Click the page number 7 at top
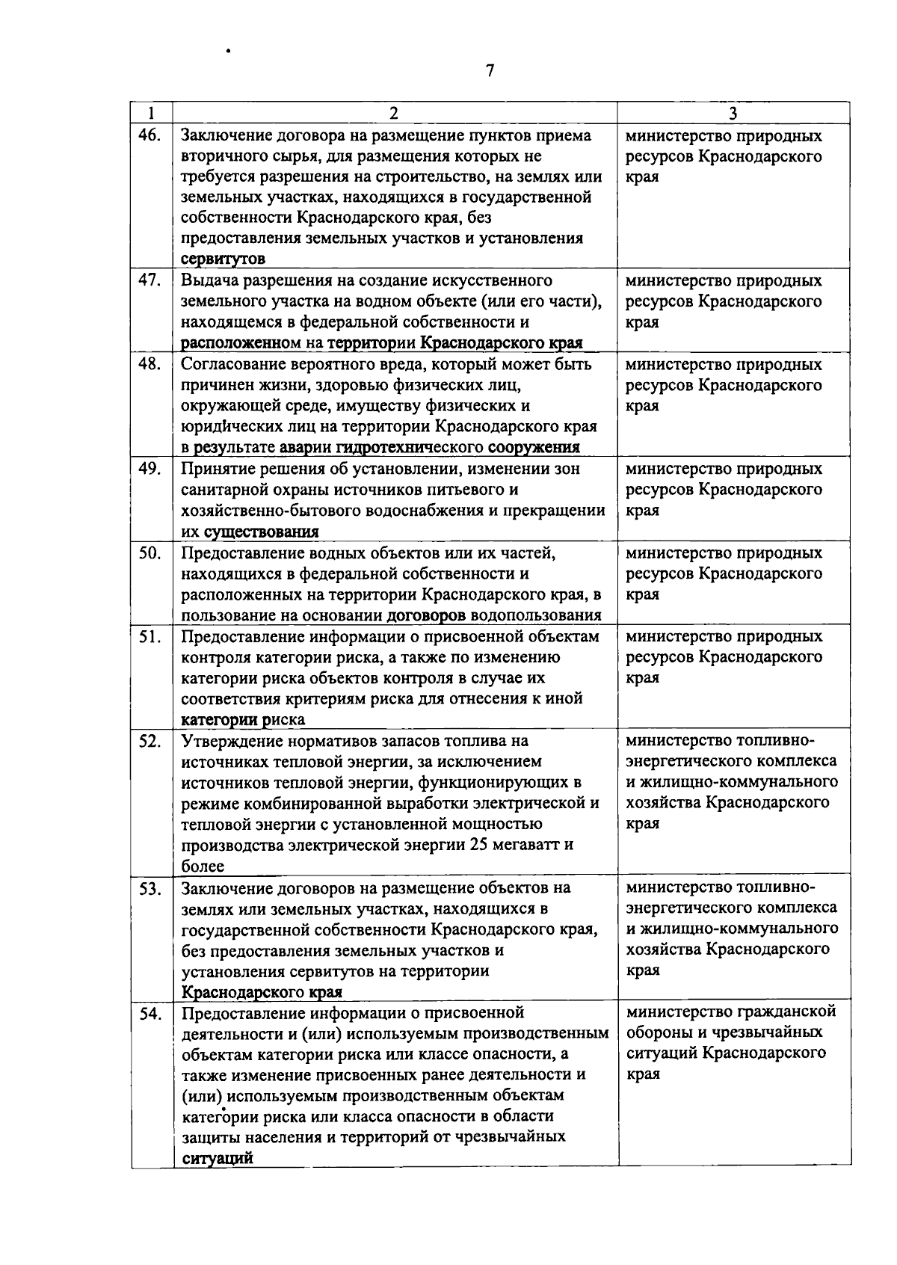point(490,71)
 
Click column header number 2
point(393,113)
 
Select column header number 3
point(733,113)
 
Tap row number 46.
point(151,135)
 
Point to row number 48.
point(151,364)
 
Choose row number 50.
point(151,553)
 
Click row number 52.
point(151,741)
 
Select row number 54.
point(151,1013)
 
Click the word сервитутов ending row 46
point(223,259)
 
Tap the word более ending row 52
point(203,867)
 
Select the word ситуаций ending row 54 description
point(217,1159)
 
